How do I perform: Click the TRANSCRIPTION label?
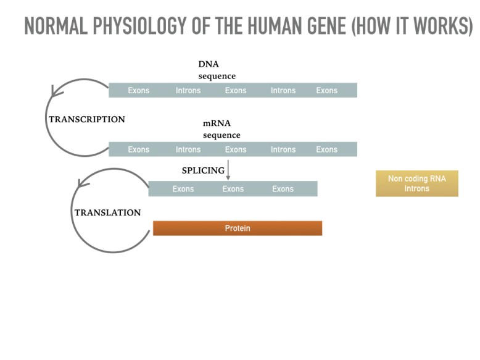point(86,120)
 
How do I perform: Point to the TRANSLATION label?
point(107,213)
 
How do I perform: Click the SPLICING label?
point(203,171)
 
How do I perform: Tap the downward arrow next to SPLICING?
point(228,170)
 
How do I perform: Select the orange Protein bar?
point(238,228)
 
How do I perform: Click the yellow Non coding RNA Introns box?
point(416,183)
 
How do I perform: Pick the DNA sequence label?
point(217,70)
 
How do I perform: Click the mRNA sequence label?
point(221,129)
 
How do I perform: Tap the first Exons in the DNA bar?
point(139,91)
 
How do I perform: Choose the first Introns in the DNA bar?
point(188,91)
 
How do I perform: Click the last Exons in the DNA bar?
point(327,91)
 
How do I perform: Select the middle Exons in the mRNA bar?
point(236,149)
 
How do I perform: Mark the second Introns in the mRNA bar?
point(283,149)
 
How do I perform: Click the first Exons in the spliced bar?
point(183,189)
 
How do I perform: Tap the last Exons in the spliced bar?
point(283,189)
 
